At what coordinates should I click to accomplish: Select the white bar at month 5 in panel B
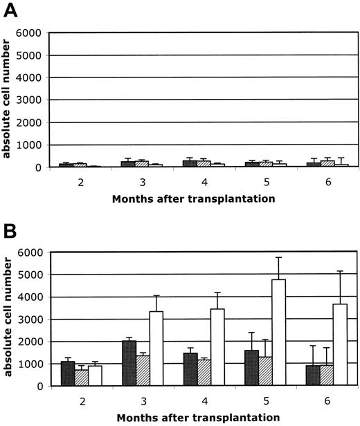pyautogui.click(x=278, y=333)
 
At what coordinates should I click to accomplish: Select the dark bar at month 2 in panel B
pyautogui.click(x=67, y=373)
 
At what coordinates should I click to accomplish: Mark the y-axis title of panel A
pyautogui.click(x=9, y=100)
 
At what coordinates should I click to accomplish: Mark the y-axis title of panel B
pyautogui.click(x=9, y=319)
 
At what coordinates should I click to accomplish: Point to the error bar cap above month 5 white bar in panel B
pyautogui.click(x=278, y=258)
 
